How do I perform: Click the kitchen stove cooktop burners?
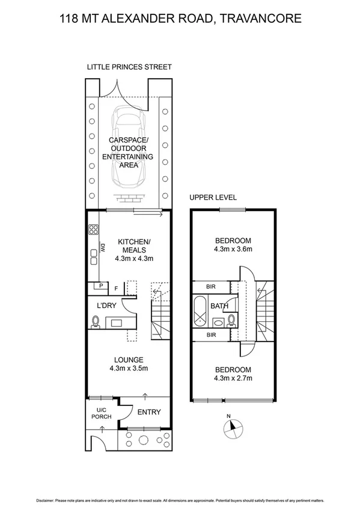pos(94,229)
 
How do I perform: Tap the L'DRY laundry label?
pos(106,305)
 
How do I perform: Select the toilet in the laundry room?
pos(96,324)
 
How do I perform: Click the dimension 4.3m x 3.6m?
pos(233,248)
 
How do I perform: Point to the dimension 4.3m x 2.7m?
pos(233,378)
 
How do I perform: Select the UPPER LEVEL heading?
pos(213,197)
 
